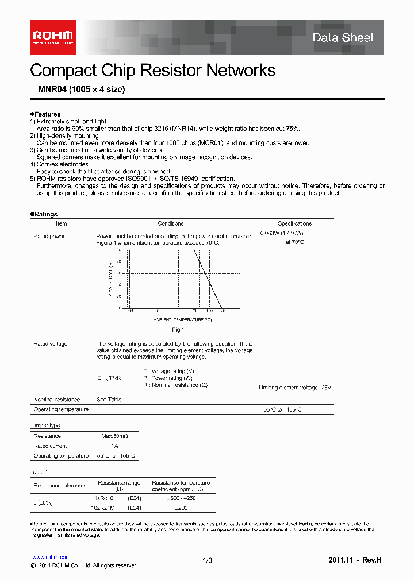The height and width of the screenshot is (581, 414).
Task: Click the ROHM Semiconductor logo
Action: pyautogui.click(x=52, y=37)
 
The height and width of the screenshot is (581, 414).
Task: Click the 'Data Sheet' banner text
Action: pyautogui.click(x=343, y=38)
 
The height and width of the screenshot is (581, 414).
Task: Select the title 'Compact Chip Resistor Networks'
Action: pyautogui.click(x=152, y=71)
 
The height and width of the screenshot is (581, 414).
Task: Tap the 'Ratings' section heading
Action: pyautogui.click(x=45, y=214)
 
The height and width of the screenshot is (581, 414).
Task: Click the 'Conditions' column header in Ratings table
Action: pyautogui.click(x=171, y=223)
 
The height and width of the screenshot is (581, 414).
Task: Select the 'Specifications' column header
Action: pyautogui.click(x=295, y=223)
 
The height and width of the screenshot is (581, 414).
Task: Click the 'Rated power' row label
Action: pyautogui.click(x=49, y=236)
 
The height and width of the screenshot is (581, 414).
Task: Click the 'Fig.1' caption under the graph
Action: pyautogui.click(x=178, y=330)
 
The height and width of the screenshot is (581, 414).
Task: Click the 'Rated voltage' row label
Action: pyautogui.click(x=50, y=344)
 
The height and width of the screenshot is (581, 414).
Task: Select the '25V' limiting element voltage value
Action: pyautogui.click(x=325, y=388)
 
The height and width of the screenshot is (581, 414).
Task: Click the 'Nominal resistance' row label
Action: pyautogui.click(x=56, y=400)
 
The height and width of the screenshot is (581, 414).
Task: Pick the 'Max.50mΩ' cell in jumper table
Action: pyautogui.click(x=114, y=436)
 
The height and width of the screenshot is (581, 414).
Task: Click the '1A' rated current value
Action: pyautogui.click(x=114, y=446)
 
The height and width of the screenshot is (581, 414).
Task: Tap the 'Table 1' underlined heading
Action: pyautogui.click(x=39, y=472)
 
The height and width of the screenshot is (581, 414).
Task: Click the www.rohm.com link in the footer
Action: pyautogui.click(x=51, y=557)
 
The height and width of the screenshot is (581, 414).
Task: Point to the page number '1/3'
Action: pyautogui.click(x=208, y=560)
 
